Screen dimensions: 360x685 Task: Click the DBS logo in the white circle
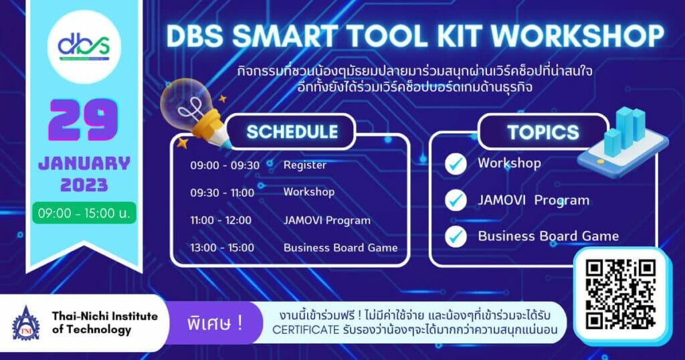point(84,46)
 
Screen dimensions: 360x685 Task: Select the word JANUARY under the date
point(84,163)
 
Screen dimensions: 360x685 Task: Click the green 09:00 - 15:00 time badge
point(84,213)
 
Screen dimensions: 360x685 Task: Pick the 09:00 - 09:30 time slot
point(224,165)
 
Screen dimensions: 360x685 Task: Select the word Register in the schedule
point(304,165)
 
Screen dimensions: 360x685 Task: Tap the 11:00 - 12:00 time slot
point(221,220)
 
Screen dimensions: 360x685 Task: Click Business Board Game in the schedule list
point(340,248)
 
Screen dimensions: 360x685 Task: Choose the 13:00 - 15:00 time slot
point(222,248)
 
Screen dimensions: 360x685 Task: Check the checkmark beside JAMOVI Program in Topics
point(456,200)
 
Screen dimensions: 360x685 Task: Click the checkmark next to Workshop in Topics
point(456,164)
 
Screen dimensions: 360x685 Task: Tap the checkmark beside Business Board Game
point(456,236)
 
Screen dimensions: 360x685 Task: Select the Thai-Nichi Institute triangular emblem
point(26,323)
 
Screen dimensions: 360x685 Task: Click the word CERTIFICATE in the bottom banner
point(308,330)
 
